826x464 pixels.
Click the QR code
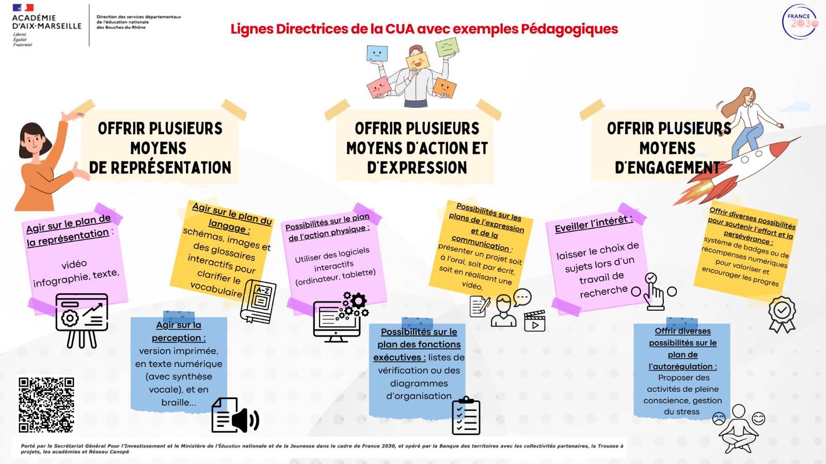(46, 405)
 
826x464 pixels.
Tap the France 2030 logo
(799, 22)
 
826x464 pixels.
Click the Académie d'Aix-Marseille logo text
(46, 22)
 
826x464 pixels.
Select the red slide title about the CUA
(424, 29)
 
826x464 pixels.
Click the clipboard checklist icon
(466, 415)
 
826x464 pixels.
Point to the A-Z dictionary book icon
(259, 301)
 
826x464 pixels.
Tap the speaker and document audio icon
(235, 415)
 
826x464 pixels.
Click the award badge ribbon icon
(782, 314)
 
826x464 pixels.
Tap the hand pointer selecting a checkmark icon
(654, 292)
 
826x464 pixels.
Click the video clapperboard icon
(534, 321)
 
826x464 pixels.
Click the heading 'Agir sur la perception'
(179, 331)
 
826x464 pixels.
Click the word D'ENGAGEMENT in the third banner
(667, 168)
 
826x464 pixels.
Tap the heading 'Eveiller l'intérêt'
(593, 224)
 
